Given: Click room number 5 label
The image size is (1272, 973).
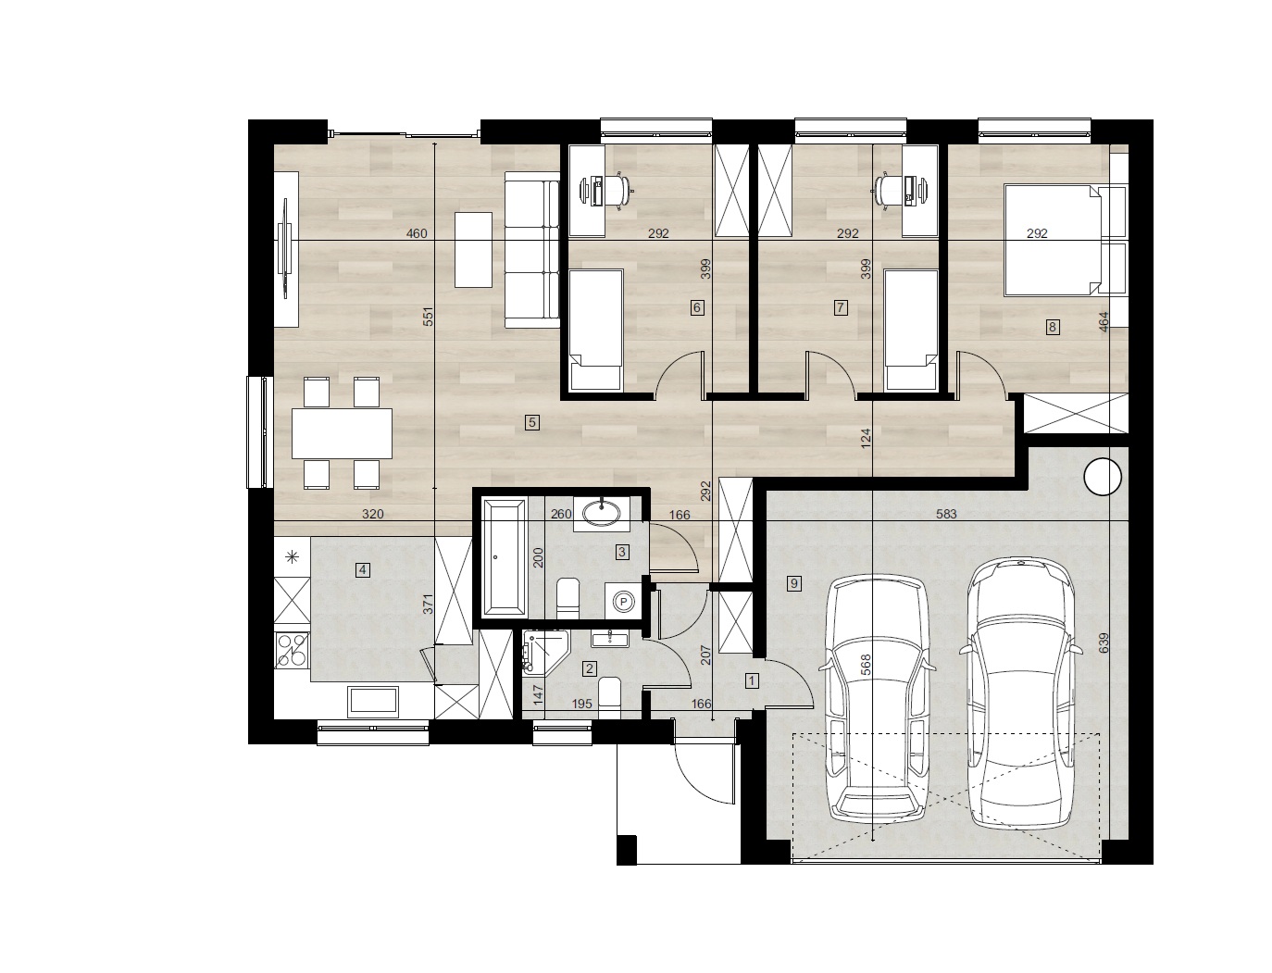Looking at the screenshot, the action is [x=531, y=422].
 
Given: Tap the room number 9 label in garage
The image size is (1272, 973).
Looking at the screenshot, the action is [x=794, y=583].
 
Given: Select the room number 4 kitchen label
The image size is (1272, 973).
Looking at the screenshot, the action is [x=363, y=569].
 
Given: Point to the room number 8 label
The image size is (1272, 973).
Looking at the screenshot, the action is [x=1052, y=327].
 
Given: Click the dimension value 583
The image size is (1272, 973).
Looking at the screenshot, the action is [x=946, y=514].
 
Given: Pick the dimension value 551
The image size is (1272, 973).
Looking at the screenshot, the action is [x=428, y=317].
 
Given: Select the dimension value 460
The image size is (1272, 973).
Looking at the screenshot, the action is [x=416, y=233].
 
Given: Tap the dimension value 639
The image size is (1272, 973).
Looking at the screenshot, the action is [x=1103, y=643].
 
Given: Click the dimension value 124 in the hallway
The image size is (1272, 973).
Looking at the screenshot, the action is [x=866, y=439].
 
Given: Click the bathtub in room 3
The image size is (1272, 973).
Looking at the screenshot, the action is [x=505, y=557].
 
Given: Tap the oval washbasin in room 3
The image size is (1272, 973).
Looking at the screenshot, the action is [x=602, y=512].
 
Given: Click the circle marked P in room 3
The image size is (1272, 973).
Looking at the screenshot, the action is [x=624, y=602].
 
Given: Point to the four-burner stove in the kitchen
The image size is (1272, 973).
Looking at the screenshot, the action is [x=292, y=650].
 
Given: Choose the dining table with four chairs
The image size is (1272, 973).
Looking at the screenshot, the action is [x=342, y=433].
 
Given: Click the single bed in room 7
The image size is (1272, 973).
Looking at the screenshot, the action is [x=911, y=330].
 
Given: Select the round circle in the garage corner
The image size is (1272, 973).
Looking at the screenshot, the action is [x=1103, y=477].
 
